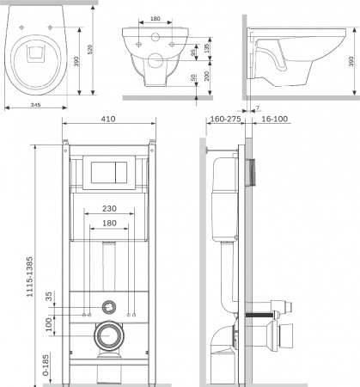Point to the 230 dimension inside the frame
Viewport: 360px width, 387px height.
(x=109, y=208)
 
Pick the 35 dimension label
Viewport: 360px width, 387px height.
(x=49, y=297)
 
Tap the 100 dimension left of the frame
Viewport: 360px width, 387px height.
(x=49, y=325)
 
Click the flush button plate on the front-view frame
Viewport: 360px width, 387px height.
(x=108, y=171)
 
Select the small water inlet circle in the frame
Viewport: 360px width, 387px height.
(x=108, y=305)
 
